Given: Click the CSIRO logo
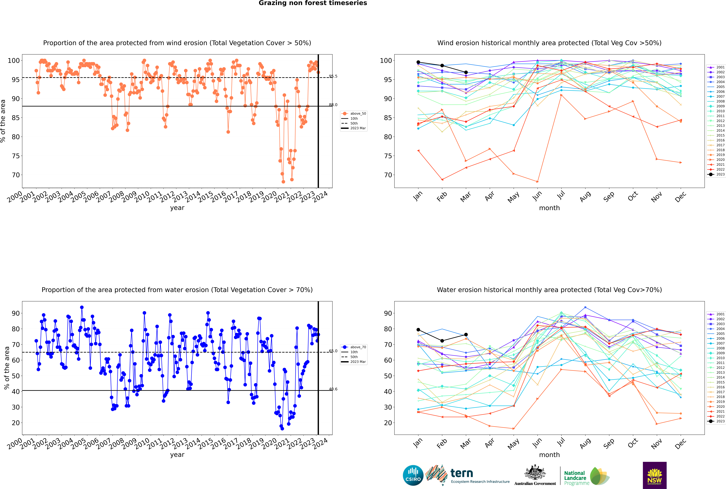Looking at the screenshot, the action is tap(413, 475).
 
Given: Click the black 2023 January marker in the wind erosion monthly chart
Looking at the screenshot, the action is tap(418, 62).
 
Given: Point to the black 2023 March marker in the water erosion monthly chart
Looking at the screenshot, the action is tap(466, 335).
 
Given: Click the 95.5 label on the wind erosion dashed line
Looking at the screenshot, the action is tap(333, 76).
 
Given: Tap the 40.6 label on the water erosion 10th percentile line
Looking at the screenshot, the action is tap(333, 389).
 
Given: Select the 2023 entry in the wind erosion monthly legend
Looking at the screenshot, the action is tap(716, 174).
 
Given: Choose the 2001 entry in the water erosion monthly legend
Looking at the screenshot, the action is tap(716, 314).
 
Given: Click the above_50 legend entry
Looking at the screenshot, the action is tap(354, 114).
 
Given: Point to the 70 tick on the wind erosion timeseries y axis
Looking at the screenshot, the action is tap(16, 175).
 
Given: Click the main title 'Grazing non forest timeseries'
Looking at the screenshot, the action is tap(313, 3).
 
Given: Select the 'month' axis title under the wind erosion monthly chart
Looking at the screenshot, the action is tap(549, 208).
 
